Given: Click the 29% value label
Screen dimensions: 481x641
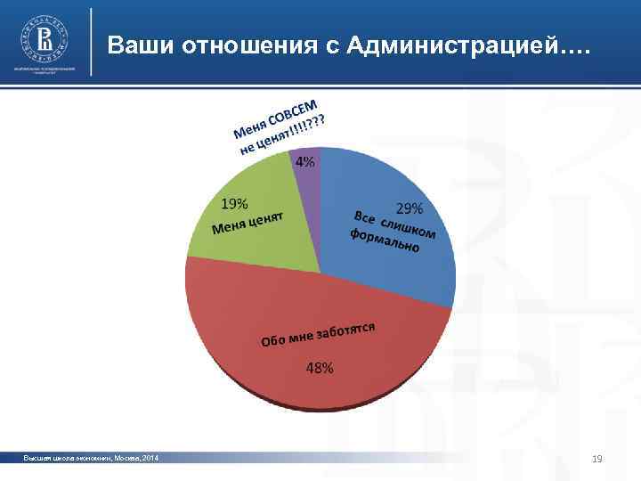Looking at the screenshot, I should pos(410,209).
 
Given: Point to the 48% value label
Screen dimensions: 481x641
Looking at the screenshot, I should pos(320,368).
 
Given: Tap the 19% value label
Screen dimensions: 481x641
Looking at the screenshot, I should pos(235,203).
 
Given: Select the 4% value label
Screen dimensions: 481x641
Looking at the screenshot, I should pos(304,161).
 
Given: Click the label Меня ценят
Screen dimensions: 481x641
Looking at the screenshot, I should pos(247,223).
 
